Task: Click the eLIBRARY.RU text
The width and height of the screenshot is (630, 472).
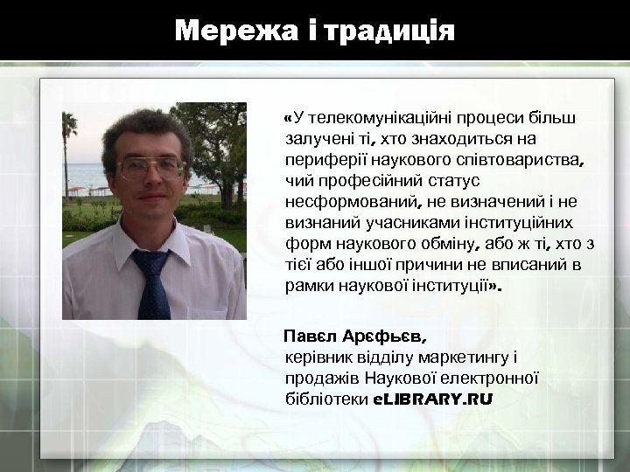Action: point(432,399)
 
